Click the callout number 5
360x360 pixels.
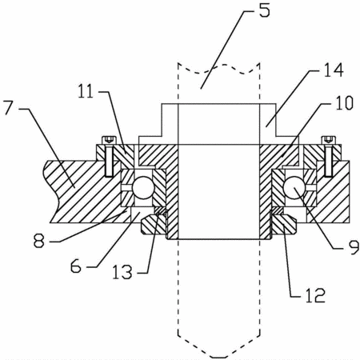click(x=264, y=11)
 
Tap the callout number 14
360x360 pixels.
click(x=334, y=70)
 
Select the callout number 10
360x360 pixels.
click(x=344, y=103)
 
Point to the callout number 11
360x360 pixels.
click(x=86, y=91)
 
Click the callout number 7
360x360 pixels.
click(x=9, y=107)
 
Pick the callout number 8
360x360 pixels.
click(x=39, y=241)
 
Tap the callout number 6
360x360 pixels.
click(x=76, y=266)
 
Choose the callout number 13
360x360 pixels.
click(x=122, y=272)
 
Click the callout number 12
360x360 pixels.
click(x=315, y=295)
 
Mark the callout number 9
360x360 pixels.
click(x=354, y=247)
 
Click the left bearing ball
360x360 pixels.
click(x=143, y=188)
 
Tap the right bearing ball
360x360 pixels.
click(x=294, y=188)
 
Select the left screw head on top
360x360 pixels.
click(x=110, y=140)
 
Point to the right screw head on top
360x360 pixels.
click(x=329, y=140)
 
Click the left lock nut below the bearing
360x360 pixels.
click(x=153, y=225)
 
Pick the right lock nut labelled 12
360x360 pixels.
click(x=284, y=225)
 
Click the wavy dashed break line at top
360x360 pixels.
click(x=218, y=68)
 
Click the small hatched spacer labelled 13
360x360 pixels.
click(x=161, y=210)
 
